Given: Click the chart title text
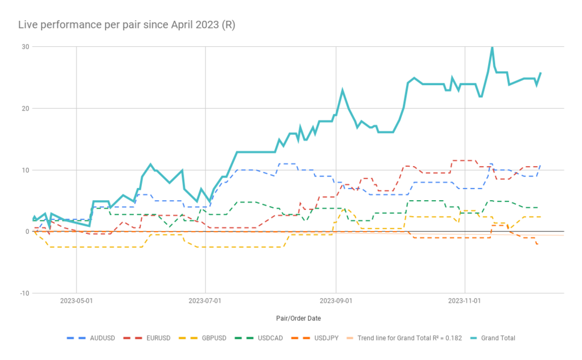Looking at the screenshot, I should click(126, 25).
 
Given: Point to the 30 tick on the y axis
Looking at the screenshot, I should click(25, 46).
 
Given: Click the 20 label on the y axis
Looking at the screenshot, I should click(25, 108).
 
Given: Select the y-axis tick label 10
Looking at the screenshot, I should click(25, 170).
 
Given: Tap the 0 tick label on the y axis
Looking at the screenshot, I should click(27, 232).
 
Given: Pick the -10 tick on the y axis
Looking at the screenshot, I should click(24, 293).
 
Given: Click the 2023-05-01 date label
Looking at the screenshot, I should click(76, 301).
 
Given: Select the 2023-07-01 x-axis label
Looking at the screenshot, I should click(206, 301).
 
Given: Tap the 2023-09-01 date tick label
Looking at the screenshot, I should click(336, 301).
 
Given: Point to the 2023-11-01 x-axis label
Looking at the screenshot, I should click(465, 301).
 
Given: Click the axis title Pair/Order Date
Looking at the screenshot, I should click(298, 318).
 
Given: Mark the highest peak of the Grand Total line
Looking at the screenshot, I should click(492, 47).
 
